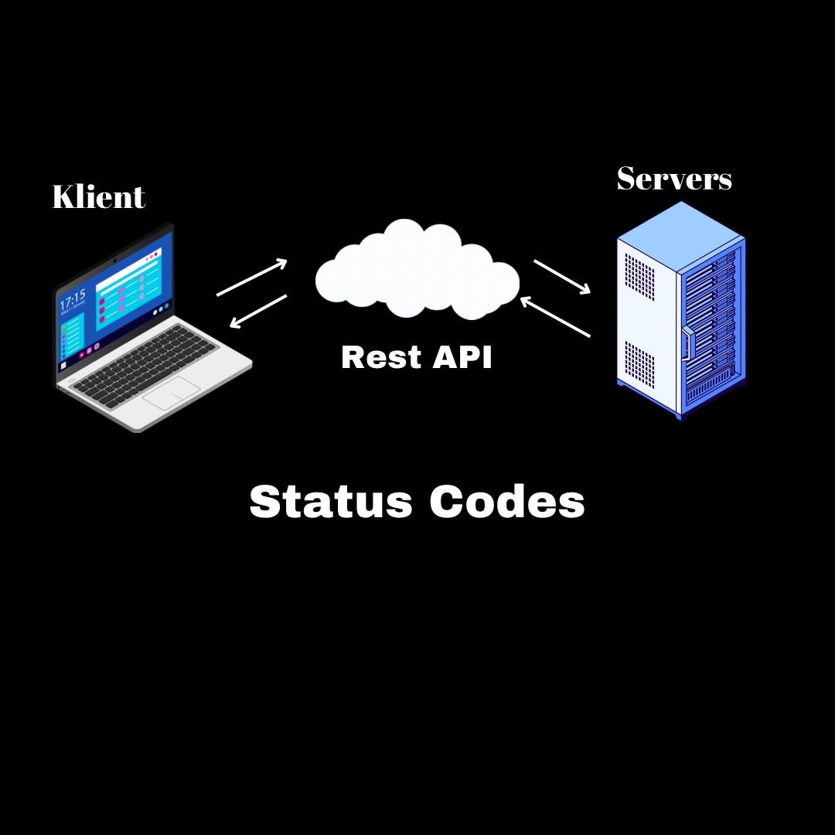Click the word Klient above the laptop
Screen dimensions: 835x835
98,196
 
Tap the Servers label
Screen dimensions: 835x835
673,179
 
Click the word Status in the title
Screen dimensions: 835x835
331,502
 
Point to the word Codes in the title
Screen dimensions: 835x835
507,502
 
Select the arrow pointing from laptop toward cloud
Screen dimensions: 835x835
252,278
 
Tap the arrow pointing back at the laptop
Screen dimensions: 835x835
258,311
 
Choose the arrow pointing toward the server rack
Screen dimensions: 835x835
562,277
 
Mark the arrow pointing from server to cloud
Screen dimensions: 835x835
555,317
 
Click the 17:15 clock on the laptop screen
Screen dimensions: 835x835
73,299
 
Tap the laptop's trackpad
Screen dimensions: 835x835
172,394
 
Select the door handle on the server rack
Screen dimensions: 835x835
685,344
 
